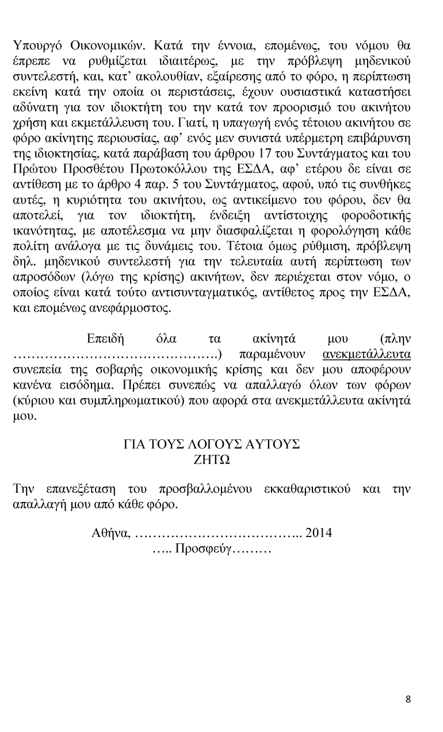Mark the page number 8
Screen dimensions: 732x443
coord(408,699)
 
